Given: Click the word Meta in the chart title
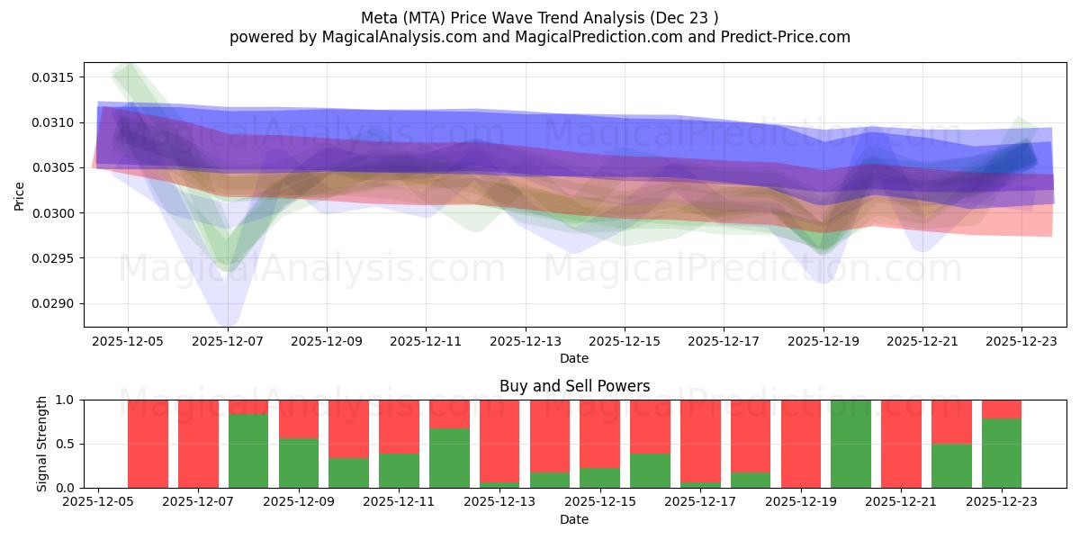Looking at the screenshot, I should (380, 18).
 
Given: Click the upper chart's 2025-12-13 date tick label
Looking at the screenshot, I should (526, 341).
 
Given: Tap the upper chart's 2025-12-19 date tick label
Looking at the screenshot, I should (823, 341).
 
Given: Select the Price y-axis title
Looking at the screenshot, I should (20, 195).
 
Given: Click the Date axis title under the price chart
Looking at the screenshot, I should (574, 358).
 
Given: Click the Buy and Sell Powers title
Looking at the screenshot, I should (574, 387).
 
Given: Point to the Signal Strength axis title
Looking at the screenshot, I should (42, 444).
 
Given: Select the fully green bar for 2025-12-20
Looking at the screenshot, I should (850, 444).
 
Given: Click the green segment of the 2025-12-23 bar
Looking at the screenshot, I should (1001, 454).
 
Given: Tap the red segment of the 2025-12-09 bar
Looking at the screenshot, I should (299, 418).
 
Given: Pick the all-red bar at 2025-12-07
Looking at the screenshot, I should (198, 444).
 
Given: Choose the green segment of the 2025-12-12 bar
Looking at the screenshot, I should (449, 458).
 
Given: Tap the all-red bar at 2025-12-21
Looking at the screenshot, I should (901, 444).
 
